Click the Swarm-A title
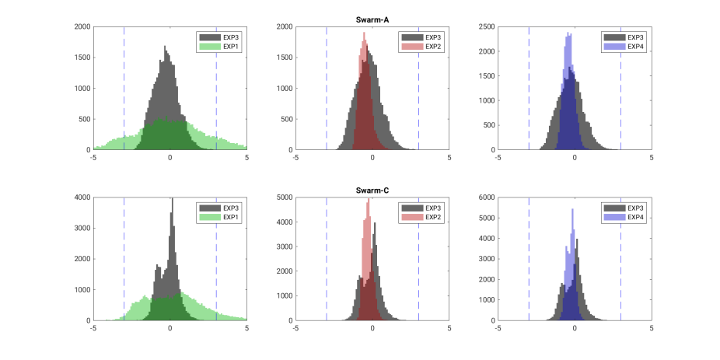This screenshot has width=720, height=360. click(372, 20)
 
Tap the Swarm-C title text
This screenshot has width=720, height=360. click(372, 191)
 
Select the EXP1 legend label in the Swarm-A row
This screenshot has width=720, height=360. click(231, 47)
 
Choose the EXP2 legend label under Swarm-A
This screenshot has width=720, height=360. click(433, 47)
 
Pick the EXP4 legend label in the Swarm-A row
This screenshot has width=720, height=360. click(635, 47)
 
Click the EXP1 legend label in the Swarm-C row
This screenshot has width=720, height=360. click(231, 218)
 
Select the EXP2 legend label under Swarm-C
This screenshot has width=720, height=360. click(433, 218)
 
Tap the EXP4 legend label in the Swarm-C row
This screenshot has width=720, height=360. click(635, 218)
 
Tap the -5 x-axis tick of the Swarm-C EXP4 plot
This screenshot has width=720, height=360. click(498, 329)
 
